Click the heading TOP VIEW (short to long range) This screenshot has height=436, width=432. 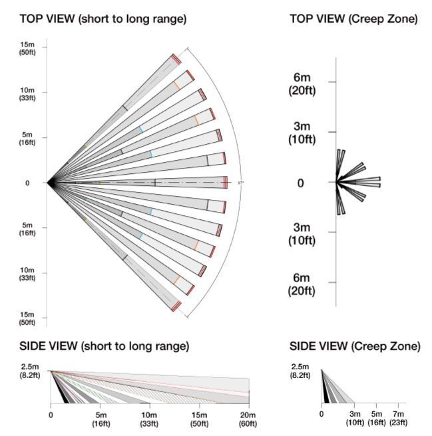pyautogui.click(x=103, y=19)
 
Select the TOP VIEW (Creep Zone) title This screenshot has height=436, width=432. pyautogui.click(x=353, y=19)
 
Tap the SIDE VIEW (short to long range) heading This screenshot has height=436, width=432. pyautogui.click(x=105, y=347)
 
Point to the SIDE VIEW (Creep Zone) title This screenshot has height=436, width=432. pyautogui.click(x=355, y=347)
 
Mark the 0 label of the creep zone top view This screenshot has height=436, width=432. pyautogui.click(x=301, y=183)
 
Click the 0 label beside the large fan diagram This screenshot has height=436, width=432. pyautogui.click(x=27, y=183)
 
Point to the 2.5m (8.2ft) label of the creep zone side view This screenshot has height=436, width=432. pyautogui.click(x=301, y=370)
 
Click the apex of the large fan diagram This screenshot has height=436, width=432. pyautogui.click(x=49, y=182)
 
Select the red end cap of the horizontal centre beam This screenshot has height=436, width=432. pyautogui.click(x=226, y=182)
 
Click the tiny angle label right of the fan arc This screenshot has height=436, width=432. pyautogui.click(x=240, y=182)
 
